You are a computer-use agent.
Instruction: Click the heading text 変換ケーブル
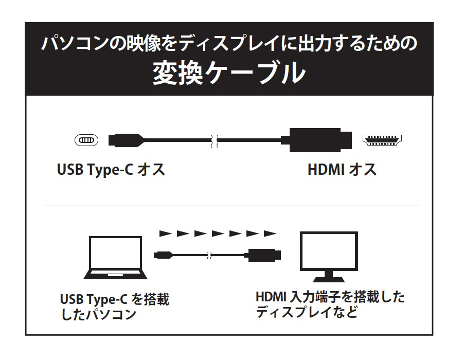(x=229, y=73)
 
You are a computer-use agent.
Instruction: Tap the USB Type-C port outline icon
(x=86, y=140)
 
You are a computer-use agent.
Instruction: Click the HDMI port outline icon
(x=382, y=140)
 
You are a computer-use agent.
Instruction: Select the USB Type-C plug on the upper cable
(x=126, y=140)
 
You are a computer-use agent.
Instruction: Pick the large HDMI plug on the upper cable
(x=316, y=140)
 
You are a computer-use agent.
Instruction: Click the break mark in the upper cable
(x=215, y=141)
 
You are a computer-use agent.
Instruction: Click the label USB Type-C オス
(x=111, y=170)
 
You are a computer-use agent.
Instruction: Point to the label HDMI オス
(x=342, y=170)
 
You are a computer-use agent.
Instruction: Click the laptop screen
(x=115, y=253)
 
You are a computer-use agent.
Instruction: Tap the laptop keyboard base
(x=115, y=275)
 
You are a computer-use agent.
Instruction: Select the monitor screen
(x=329, y=251)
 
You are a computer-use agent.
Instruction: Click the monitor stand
(x=329, y=277)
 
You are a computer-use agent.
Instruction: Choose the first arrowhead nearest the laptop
(x=166, y=233)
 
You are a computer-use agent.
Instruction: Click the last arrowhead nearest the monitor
(x=270, y=233)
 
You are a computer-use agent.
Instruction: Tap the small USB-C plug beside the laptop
(x=163, y=255)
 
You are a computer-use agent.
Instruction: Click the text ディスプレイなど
(x=307, y=312)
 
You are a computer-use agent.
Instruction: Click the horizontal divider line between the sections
(x=232, y=206)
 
